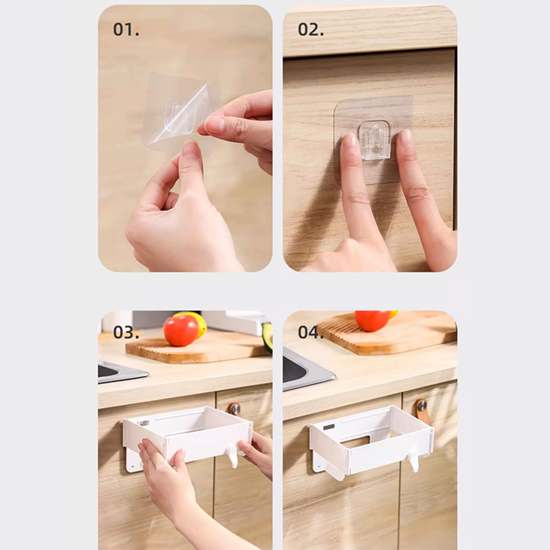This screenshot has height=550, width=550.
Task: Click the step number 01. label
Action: pos(126,30)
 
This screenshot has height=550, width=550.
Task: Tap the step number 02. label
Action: pos(311,30)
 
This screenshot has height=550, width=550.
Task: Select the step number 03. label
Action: pos(126,332)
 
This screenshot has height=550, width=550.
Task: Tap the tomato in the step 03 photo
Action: pos(181,330)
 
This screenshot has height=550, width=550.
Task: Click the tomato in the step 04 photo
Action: pos(372,320)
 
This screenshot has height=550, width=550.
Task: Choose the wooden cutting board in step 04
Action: pos(388,332)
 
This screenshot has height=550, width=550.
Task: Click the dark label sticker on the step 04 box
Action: pos(329,427)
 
